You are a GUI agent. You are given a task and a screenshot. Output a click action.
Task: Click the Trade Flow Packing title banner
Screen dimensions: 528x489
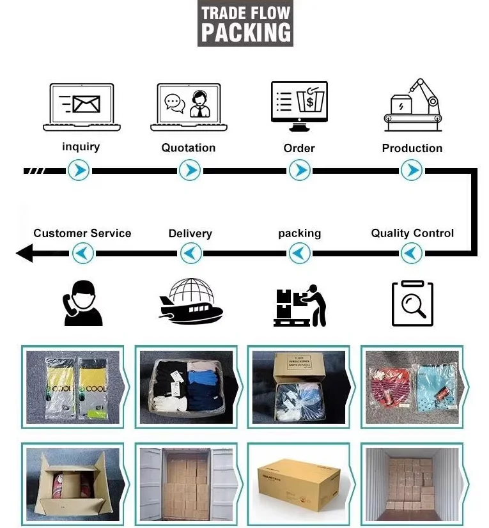coord(245,24)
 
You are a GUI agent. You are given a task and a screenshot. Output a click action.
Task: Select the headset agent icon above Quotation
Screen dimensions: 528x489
coord(189,107)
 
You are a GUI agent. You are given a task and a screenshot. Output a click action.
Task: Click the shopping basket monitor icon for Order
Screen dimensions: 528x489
coord(299,102)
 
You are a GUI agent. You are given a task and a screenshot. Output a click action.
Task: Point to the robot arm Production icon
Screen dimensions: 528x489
coord(412,102)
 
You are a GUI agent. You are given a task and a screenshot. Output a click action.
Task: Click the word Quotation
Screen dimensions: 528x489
coord(189,148)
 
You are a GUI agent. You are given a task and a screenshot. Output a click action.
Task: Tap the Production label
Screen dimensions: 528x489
coord(412,148)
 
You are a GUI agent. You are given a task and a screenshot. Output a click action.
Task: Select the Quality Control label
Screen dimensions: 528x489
coord(412,233)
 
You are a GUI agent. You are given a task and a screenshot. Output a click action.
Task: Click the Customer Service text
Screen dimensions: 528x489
coord(82,233)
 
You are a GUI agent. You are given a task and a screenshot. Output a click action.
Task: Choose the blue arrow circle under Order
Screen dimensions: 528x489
coord(299,171)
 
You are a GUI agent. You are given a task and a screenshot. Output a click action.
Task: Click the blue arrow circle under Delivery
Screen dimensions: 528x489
coord(190,254)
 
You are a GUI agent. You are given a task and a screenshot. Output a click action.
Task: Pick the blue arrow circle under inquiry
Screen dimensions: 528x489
coord(79,171)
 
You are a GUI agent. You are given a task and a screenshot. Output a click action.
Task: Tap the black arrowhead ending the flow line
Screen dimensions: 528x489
coord(24,254)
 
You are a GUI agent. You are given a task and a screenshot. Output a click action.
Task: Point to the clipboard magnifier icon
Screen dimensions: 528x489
coord(412,303)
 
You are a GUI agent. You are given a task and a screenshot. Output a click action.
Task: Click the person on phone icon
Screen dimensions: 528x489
coord(82,304)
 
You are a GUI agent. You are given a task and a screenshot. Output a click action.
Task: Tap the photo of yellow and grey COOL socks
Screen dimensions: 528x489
coord(73,387)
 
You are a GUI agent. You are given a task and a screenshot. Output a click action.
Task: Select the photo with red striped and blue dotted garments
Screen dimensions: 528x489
coord(412,387)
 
